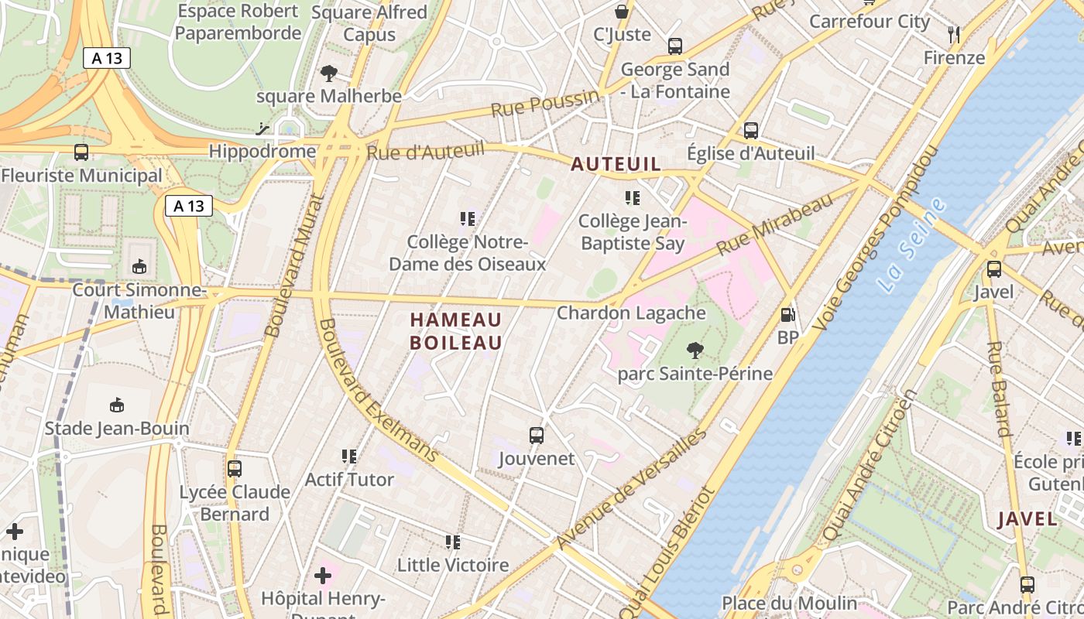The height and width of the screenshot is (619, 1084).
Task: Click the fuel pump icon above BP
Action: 787,315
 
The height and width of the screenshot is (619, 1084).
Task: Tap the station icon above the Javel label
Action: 993,269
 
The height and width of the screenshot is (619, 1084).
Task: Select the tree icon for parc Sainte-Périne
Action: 695,351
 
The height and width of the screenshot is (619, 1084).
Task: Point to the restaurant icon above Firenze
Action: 954,35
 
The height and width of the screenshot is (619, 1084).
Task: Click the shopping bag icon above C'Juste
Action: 621,12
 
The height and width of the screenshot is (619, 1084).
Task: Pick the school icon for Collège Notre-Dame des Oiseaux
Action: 467,219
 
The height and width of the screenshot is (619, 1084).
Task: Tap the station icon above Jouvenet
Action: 536,436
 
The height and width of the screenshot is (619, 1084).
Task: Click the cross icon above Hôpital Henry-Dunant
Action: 323,576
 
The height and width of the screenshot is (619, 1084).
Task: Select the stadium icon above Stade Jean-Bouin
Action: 117,405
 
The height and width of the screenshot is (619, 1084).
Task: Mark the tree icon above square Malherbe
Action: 328,74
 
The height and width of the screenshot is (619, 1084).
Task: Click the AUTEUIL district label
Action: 616,164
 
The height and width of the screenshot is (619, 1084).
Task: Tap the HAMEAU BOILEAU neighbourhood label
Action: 456,331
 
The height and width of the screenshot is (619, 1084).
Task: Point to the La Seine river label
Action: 913,245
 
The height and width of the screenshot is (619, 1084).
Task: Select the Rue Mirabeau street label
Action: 774,223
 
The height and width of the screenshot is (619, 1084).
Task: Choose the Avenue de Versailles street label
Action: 632,488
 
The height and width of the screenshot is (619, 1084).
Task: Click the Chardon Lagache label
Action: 631,313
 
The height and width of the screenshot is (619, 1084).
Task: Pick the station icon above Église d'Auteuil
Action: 750,131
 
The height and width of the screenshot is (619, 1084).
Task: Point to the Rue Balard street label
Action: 1000,389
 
